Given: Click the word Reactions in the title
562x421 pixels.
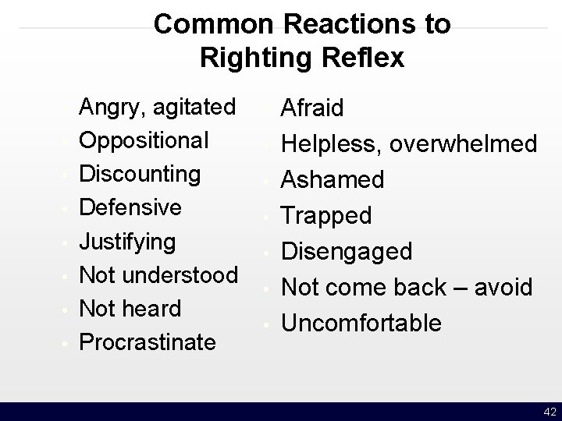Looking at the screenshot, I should point(343,25).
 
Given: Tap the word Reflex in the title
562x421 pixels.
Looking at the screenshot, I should point(365,58).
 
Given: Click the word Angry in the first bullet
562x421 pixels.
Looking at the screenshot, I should point(111,107).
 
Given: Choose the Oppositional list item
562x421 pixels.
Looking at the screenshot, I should point(144,140).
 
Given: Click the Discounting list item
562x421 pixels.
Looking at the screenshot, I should point(141,174).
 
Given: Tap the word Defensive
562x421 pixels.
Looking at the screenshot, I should point(130,207).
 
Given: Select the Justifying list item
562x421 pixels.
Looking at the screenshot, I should point(128,242).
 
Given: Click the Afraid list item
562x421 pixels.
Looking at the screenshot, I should point(312,108).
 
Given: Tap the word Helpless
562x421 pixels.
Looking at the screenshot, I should point(331,143).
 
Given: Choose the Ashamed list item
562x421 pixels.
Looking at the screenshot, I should point(333,179).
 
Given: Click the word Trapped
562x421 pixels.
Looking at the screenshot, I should point(326,215).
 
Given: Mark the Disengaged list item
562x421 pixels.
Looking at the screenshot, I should point(347,251).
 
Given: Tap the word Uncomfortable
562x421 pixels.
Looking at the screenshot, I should point(361,323).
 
